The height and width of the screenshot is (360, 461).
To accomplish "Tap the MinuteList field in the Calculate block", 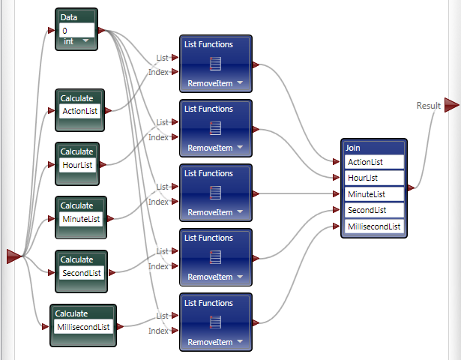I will point(80,219).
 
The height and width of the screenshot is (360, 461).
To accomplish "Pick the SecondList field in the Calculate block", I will point(80,273).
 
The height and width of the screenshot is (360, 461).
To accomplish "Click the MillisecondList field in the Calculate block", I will point(83,327).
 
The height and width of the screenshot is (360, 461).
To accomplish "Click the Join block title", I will point(353,148).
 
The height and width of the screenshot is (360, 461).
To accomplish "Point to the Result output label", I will point(428,106).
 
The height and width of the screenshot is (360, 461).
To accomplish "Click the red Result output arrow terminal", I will point(451,105).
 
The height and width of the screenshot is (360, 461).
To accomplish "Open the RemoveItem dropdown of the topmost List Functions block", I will point(240,83).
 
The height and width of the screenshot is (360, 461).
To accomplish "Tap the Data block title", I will point(69,17).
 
